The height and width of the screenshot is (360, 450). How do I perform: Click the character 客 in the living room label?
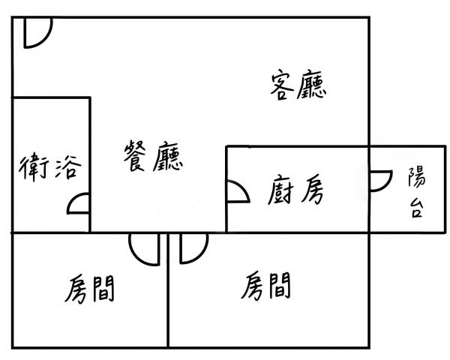[283, 85]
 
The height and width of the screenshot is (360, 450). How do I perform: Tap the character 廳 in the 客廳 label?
[312, 85]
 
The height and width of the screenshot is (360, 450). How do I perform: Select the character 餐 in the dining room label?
[135, 155]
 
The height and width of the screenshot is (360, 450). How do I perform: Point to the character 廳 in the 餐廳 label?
[168, 157]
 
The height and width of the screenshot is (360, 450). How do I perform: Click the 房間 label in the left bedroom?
[89, 289]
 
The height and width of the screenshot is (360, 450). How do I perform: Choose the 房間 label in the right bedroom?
[265, 286]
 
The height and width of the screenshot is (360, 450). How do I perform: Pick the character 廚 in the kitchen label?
[281, 190]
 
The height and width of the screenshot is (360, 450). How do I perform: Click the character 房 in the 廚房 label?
[312, 189]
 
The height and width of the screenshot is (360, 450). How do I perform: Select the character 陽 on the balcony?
[417, 177]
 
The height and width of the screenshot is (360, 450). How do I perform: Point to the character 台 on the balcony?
[415, 208]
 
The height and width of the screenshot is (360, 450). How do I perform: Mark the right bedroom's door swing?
[201, 254]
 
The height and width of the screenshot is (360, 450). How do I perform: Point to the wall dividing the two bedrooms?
[168, 290]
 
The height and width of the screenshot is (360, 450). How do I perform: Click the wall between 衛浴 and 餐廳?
[90, 165]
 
